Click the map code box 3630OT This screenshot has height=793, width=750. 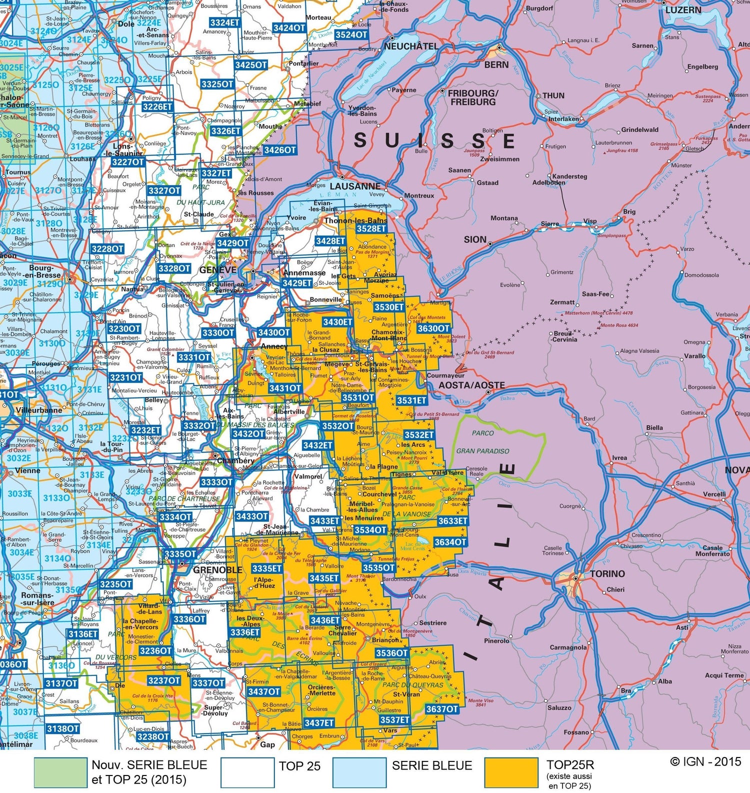click(x=433, y=328)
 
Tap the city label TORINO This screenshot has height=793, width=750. click(x=607, y=574)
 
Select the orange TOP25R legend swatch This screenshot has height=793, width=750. click(x=511, y=772)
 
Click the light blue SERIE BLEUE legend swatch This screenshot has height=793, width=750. click(x=359, y=772)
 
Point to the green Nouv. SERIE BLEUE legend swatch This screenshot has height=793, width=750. click(x=60, y=772)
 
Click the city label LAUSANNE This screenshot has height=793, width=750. click(x=355, y=186)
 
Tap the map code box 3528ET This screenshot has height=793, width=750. click(x=371, y=228)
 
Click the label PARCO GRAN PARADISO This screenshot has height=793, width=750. click(x=482, y=442)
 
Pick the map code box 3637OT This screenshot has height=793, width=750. click(x=442, y=709)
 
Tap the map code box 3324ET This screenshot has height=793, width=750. click(x=224, y=22)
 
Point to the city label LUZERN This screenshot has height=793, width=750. click(x=683, y=10)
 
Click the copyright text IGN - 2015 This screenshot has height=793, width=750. click(x=705, y=761)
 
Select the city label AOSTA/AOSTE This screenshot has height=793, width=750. click(x=471, y=385)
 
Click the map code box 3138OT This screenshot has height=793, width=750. click(x=62, y=728)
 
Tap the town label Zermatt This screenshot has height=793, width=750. click(x=562, y=302)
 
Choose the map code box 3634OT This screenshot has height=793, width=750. click(x=450, y=542)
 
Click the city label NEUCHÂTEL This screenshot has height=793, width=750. click(x=410, y=46)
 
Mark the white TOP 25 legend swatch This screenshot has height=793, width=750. click(x=247, y=772)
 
